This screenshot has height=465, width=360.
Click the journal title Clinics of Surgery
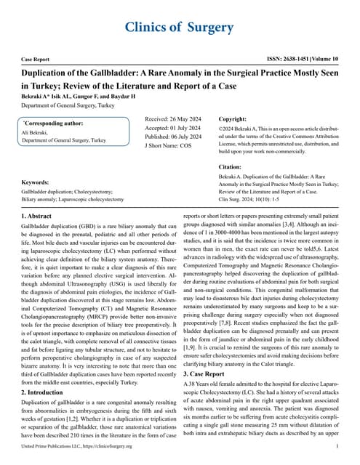[180, 27]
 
